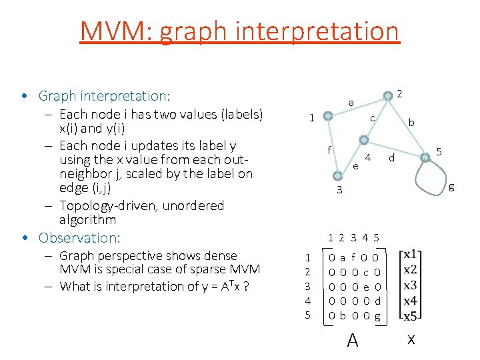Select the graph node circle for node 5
[425, 157]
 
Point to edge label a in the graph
[351, 102]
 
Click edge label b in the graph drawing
[411, 123]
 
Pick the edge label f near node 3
[329, 150]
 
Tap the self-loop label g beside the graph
[451, 187]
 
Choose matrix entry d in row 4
[377, 301]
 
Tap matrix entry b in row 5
[343, 316]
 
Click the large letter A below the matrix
[353, 341]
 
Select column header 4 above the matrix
[365, 237]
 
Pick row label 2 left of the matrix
[308, 271]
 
